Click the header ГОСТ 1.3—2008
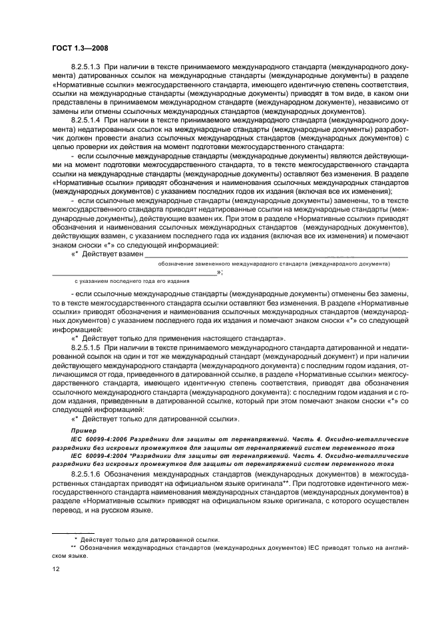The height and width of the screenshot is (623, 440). click(81, 48)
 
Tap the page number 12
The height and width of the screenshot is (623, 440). click(57, 568)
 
